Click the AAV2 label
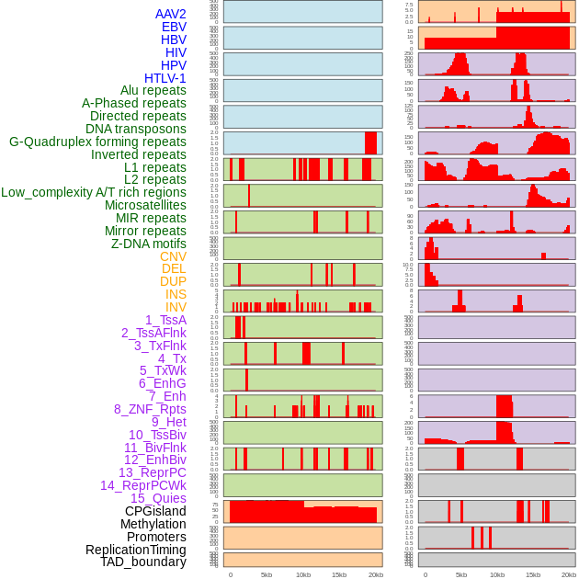[x=171, y=14]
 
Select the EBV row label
[x=174, y=27]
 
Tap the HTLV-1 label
[x=165, y=78]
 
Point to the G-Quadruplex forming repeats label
[x=97, y=142]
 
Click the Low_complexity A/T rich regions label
[x=94, y=192]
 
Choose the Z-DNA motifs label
[x=149, y=244]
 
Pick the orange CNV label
[x=173, y=256]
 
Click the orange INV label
[x=176, y=307]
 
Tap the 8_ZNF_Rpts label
[x=150, y=409]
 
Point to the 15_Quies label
[x=158, y=498]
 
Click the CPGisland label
[x=155, y=511]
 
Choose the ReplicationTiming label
[x=136, y=550]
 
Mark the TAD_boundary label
[x=143, y=562]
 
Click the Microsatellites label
[x=145, y=205]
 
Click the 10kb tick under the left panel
[x=302, y=574]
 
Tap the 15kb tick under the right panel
[x=533, y=574]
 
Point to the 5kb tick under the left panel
[x=267, y=574]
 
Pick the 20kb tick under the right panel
[x=569, y=574]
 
